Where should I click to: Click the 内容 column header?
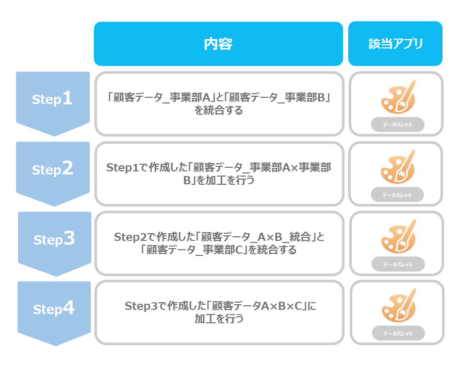pyautogui.click(x=218, y=44)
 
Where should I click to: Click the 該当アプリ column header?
pyautogui.click(x=395, y=44)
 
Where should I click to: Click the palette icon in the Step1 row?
pyautogui.click(x=398, y=97)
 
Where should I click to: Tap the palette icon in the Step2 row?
pyautogui.click(x=398, y=167)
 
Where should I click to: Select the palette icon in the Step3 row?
pyautogui.click(x=398, y=236)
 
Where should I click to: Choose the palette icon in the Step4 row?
pyautogui.click(x=399, y=305)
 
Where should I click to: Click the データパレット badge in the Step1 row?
pyautogui.click(x=398, y=125)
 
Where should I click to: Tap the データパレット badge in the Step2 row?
pyautogui.click(x=397, y=195)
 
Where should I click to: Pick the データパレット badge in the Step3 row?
pyautogui.click(x=398, y=264)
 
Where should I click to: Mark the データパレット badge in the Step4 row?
pyautogui.click(x=398, y=333)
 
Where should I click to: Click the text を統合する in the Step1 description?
pyautogui.click(x=219, y=111)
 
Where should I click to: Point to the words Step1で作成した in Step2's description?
pyautogui.click(x=146, y=167)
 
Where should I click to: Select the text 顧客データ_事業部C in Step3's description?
pyautogui.click(x=194, y=250)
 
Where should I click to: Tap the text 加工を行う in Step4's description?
pyautogui.click(x=219, y=319)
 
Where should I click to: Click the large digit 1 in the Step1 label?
pyautogui.click(x=67, y=97)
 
